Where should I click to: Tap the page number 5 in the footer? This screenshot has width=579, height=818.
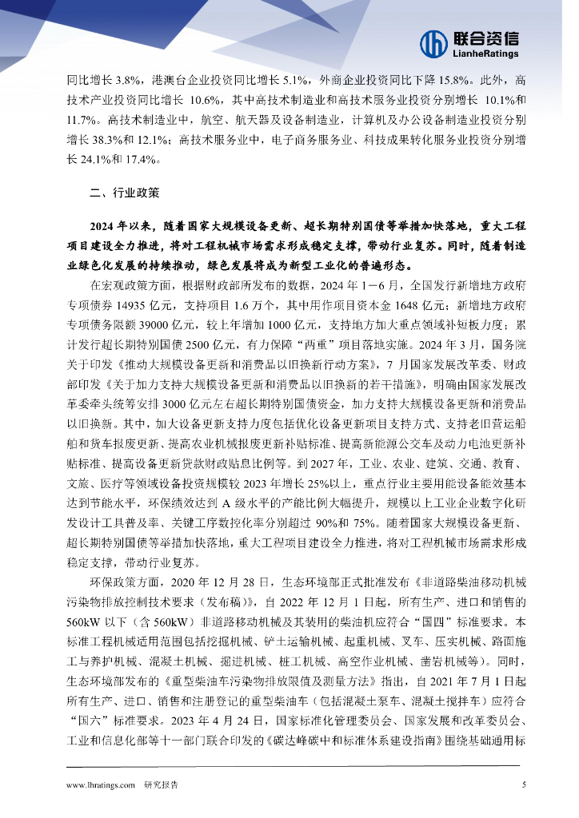point(523,784)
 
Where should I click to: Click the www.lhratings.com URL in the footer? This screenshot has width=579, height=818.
point(101,784)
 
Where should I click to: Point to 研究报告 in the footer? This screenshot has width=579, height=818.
point(162,784)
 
